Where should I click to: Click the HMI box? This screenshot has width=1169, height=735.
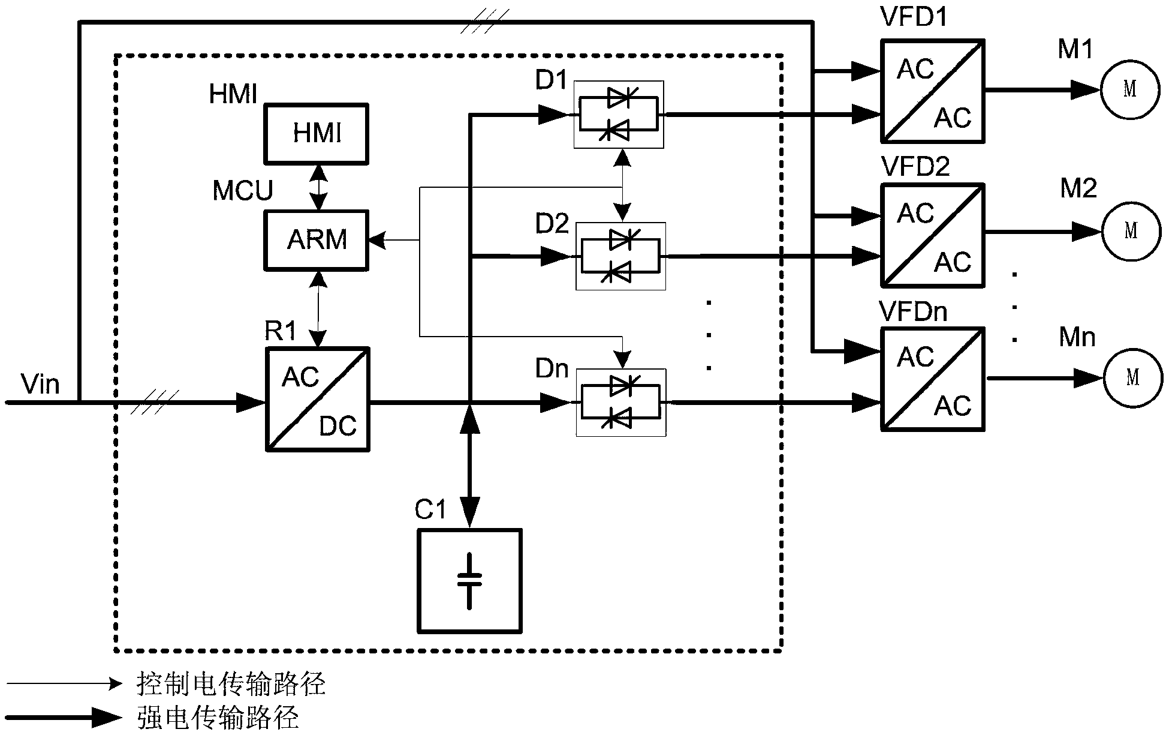pos(316,133)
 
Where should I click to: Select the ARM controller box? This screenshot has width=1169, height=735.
pos(316,239)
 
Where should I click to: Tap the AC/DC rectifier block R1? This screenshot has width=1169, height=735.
pos(317,399)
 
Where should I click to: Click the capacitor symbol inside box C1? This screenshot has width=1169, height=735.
pos(469,581)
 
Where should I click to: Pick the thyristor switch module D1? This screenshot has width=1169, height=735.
pos(618,114)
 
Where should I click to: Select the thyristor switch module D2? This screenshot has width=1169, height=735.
pos(620,256)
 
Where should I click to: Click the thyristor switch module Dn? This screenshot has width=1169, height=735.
pos(620,402)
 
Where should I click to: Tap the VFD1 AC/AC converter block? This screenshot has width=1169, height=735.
pos(932,91)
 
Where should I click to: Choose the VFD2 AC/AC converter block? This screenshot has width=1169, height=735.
pos(932,235)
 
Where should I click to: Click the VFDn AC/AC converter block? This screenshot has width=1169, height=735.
pos(932,379)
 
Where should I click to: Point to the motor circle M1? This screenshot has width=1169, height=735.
pos(1129,89)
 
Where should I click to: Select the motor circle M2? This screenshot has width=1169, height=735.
pos(1131,231)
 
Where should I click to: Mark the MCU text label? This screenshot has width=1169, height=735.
pos(242,191)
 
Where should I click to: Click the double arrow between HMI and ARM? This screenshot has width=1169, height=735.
pos(318,187)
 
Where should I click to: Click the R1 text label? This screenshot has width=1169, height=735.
pos(281,331)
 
